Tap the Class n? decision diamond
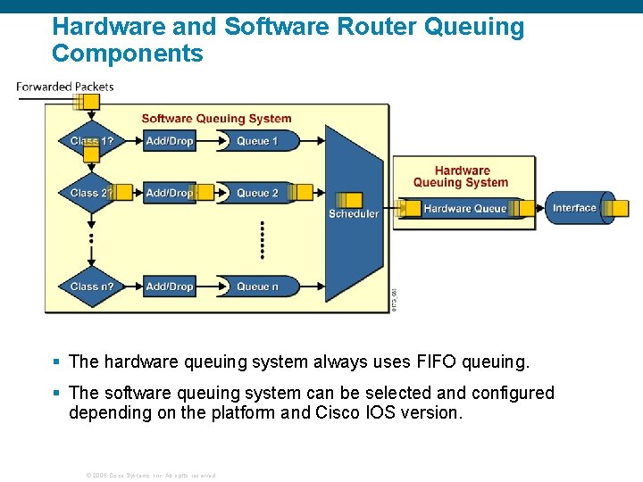(x=91, y=287)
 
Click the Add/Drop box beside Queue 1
(x=169, y=141)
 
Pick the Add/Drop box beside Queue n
(x=169, y=287)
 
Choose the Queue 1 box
(x=257, y=141)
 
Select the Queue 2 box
(x=257, y=193)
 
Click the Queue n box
(x=257, y=287)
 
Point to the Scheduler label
(x=354, y=214)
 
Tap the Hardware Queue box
(x=464, y=209)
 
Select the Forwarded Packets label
(x=65, y=87)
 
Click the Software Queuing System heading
(x=216, y=119)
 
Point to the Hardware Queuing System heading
(x=461, y=177)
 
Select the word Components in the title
(x=128, y=54)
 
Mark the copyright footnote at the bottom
(x=150, y=475)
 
